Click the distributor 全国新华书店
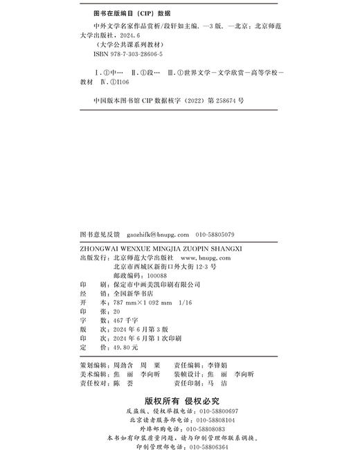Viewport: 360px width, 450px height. tap(132, 294)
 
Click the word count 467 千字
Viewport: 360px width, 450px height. tap(125, 322)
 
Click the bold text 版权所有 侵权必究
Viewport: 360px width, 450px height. tap(181, 400)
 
